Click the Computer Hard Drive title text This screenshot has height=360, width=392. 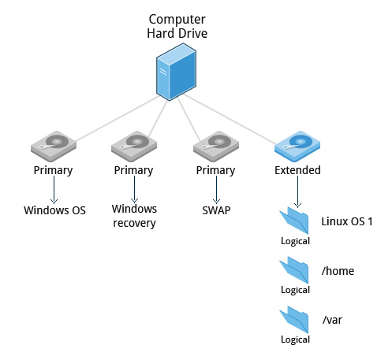(177, 26)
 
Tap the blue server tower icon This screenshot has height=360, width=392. (176, 72)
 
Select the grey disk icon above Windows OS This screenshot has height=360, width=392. (54, 146)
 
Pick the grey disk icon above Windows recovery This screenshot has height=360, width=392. (134, 146)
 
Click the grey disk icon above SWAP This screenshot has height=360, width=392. (216, 146)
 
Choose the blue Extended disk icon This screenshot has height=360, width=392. (297, 146)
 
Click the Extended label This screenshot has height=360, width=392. (297, 170)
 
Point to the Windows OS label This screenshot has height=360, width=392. (54, 210)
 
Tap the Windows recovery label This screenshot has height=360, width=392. (134, 216)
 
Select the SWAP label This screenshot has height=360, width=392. (216, 210)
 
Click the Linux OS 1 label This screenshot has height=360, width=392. (347, 221)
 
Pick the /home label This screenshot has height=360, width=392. (338, 271)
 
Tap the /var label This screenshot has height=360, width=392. (332, 320)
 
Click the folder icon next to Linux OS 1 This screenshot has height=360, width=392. (294, 221)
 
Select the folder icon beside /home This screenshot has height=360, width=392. (294, 270)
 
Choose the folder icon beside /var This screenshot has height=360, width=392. (294, 319)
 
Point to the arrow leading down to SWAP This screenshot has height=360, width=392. (216, 190)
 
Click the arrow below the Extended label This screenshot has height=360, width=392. (297, 191)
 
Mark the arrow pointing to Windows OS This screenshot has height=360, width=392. (54, 190)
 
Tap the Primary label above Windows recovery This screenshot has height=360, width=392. (133, 171)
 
